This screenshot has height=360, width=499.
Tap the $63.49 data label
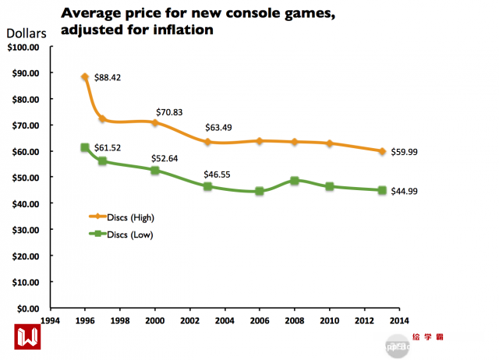(x=219, y=128)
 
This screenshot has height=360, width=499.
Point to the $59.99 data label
(x=402, y=152)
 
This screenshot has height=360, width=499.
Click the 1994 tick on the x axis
(x=51, y=319)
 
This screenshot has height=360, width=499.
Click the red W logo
(x=28, y=335)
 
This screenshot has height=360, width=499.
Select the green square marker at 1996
(x=85, y=148)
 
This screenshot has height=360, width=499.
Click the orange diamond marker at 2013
(x=382, y=151)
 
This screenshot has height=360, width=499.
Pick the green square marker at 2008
(x=295, y=181)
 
